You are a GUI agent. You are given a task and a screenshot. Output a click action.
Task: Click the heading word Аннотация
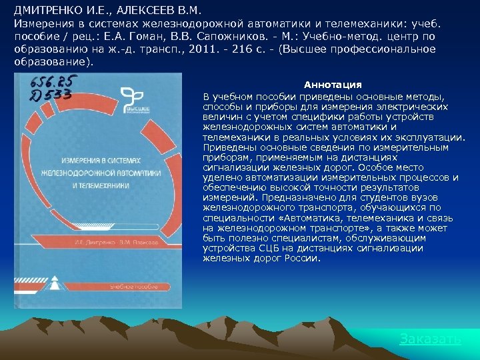click(333, 85)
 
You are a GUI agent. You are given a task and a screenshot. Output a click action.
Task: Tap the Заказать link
click(430, 339)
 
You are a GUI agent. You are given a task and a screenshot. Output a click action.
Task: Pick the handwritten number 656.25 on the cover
click(55, 83)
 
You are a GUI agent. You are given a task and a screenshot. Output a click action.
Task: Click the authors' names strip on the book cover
click(107, 243)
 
